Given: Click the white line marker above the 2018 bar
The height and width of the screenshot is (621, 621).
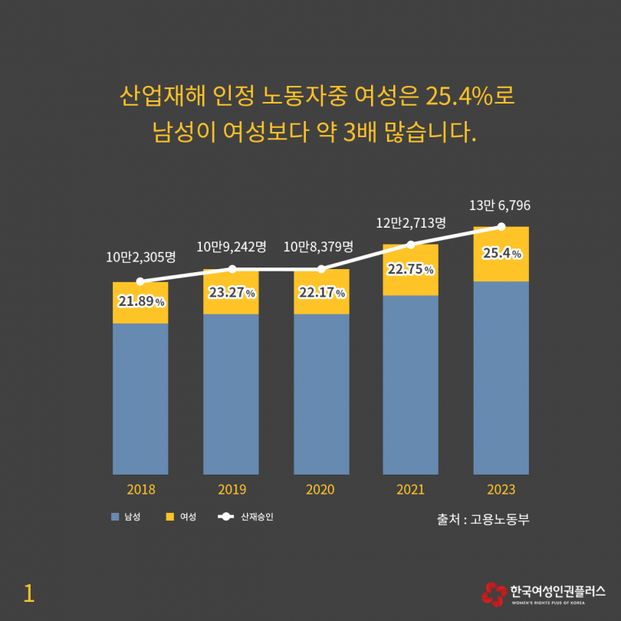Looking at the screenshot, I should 140,282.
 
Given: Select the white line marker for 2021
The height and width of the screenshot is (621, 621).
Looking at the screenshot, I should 410,245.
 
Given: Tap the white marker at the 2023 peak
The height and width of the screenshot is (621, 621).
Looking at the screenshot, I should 501,226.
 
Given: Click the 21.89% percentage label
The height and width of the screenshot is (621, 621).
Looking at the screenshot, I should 141,301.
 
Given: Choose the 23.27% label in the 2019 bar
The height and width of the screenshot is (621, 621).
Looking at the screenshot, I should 231,293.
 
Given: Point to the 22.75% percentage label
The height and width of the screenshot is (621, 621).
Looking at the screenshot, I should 410,269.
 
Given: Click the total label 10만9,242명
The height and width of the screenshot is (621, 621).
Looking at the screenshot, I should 232,247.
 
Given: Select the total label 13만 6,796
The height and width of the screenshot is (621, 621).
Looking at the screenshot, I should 500,205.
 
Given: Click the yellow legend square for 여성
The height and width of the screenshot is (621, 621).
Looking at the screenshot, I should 169,517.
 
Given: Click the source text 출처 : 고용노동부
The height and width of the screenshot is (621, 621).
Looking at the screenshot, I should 483,519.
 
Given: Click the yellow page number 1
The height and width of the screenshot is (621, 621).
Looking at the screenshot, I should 29,593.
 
